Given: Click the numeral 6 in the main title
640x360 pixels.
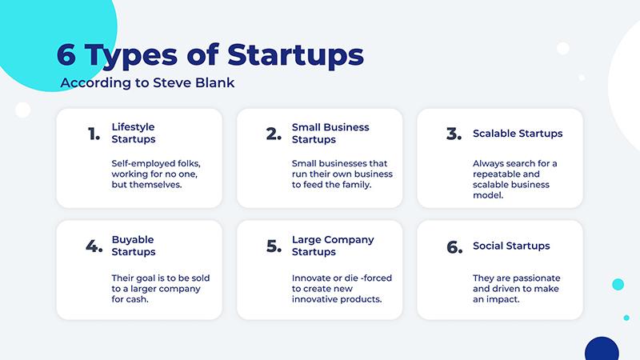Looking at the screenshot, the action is coord(66,54).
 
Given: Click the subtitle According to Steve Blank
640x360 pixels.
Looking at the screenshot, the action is coord(147,83).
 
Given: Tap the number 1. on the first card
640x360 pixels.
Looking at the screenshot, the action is coord(94,134).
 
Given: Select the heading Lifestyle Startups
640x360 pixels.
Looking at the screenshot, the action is coord(134,133).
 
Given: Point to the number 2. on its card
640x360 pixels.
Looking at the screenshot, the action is coord(274,134).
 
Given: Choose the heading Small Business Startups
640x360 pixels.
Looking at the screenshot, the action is coord(330,134).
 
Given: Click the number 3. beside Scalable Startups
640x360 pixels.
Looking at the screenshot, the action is coord(454,134).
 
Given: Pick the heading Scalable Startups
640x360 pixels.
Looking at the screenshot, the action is coord(518,134).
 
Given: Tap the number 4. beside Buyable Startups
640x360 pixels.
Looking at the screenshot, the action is coord(94,246).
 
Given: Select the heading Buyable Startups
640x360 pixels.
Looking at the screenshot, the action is coord(134,246).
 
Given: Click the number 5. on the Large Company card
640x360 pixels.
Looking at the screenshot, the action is coord(274,246).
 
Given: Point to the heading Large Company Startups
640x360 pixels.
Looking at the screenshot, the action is coord(333,246).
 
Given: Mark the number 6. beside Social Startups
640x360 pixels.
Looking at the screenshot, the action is coord(454,247).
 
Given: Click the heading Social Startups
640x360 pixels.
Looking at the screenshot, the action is coord(511,246).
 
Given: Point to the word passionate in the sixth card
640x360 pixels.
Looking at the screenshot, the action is coord(536,278).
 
